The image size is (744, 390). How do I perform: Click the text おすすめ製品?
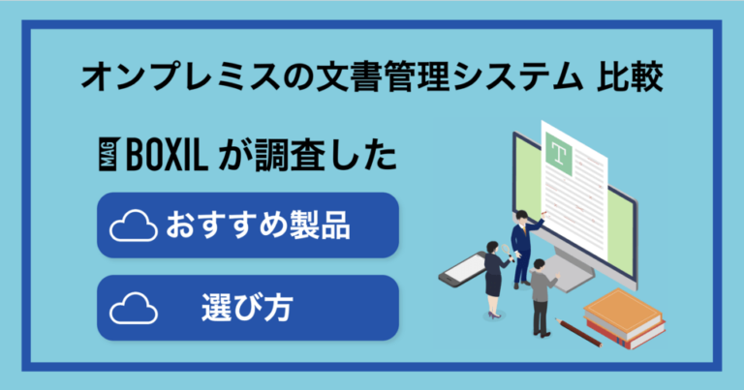pos(257,226)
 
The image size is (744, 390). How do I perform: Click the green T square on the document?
pos(559,152)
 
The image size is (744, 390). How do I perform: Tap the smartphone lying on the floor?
pos(463,268)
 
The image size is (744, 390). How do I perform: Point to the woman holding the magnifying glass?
pos(494,276)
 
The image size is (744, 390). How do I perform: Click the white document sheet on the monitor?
pos(576,189)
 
